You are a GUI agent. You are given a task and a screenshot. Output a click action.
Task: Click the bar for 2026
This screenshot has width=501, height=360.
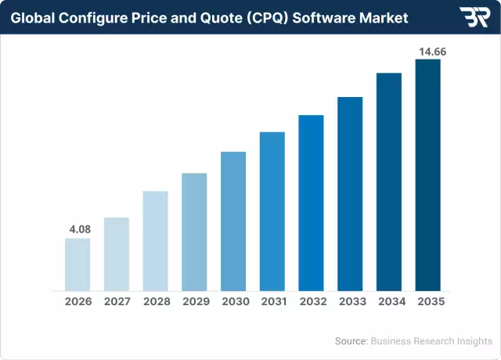coord(77,264)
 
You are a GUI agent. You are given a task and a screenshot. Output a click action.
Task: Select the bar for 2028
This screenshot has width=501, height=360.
coord(155,240)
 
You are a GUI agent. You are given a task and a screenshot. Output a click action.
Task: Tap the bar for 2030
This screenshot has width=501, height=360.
coord(233,221)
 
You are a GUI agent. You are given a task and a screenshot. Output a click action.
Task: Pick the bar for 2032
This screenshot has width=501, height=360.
coord(311,202)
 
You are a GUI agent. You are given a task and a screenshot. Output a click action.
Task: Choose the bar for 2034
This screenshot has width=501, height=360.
coord(389,181)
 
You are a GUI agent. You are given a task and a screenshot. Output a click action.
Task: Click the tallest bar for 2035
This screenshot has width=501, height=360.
coord(427,175)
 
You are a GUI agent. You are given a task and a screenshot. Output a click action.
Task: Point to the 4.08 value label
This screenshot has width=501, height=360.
coord(77,229)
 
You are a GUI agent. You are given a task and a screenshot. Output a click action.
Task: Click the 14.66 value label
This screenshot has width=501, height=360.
coord(427,51)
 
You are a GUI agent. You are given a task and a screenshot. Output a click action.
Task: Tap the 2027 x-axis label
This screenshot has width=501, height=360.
coord(117,301)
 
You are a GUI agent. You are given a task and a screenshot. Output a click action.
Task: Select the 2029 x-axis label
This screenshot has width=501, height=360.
coord(194,301)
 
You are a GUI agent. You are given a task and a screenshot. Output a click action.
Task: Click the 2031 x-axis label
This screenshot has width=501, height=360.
coord(272,301)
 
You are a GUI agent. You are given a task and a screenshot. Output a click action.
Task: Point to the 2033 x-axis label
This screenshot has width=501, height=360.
coord(350,301)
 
